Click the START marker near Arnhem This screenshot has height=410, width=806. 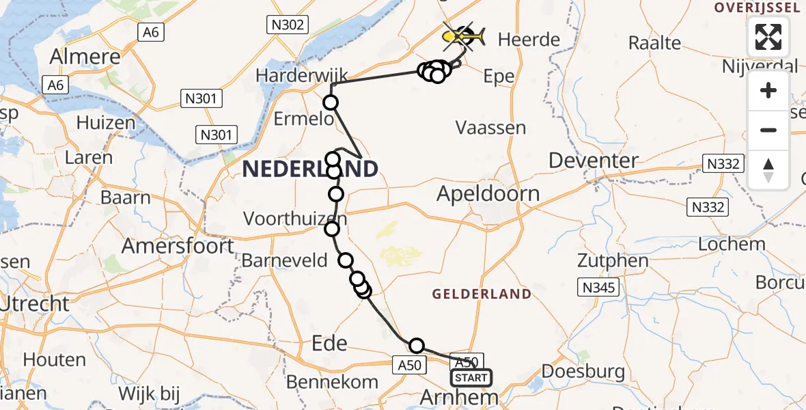tap(471, 377)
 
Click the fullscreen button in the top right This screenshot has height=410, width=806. tap(768, 37)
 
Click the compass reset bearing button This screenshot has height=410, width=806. tap(768, 170)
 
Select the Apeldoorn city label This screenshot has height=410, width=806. tap(488, 193)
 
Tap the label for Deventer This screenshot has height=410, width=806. tap(593, 161)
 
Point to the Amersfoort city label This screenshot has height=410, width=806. tap(179, 245)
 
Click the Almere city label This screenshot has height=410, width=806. tap(85, 57)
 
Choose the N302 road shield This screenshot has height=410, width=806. tap(286, 25)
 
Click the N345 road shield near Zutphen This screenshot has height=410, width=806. tap(598, 288)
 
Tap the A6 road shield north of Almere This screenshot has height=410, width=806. tap(150, 31)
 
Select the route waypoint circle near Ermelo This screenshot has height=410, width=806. tap(331, 103)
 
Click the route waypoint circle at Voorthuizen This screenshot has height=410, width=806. tap(332, 228)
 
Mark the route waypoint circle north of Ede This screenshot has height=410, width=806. tap(416, 346)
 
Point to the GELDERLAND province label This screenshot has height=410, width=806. tap(482, 294)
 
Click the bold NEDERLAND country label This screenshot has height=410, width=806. tap(310, 169)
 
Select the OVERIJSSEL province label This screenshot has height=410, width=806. tap(756, 8)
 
